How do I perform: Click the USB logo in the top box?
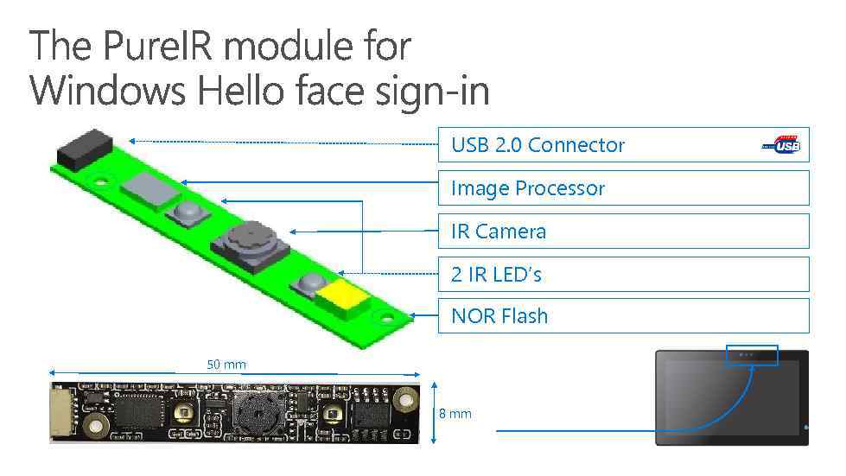[x=782, y=145]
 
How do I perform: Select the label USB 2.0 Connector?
[x=537, y=145]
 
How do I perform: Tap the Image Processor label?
[x=528, y=188]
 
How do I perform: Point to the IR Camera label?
[x=499, y=232]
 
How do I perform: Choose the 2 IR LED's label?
[x=496, y=275]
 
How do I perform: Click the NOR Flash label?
[x=499, y=316]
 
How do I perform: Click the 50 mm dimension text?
[x=226, y=365]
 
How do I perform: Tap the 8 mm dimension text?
[x=455, y=414]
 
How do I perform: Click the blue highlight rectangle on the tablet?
[x=752, y=354]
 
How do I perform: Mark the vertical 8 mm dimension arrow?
[x=433, y=413]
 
